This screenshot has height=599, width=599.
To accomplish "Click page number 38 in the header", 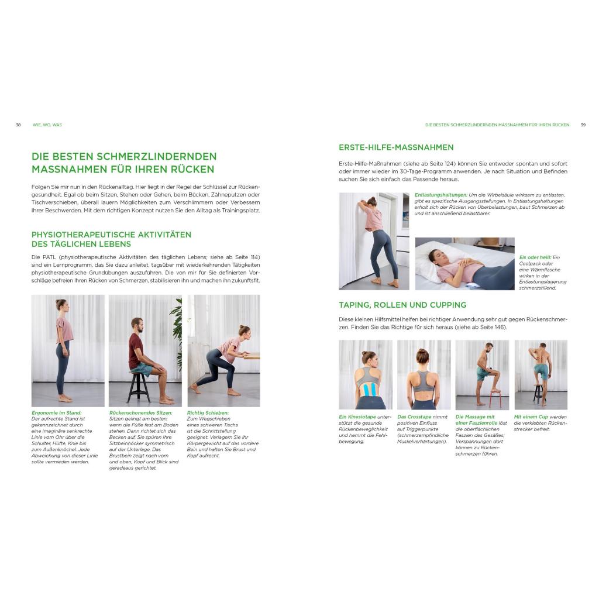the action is [x=18, y=125].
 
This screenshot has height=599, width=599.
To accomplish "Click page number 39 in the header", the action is [x=583, y=125].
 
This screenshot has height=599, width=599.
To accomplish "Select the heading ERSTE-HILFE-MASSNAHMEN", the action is [x=396, y=147].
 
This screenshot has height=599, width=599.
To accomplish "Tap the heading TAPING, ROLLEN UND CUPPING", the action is [x=402, y=305].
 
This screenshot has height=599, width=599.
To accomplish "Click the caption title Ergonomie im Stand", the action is [x=57, y=412].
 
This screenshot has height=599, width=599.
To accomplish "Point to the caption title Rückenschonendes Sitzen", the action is [x=141, y=412].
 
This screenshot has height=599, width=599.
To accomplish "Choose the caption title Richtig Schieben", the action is [x=208, y=412].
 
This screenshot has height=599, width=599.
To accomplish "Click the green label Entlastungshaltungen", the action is [x=441, y=195].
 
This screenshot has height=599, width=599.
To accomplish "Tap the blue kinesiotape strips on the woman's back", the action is [x=366, y=389].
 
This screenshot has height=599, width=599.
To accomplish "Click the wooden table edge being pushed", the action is [x=252, y=356].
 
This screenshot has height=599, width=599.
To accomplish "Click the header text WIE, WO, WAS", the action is [x=47, y=125].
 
